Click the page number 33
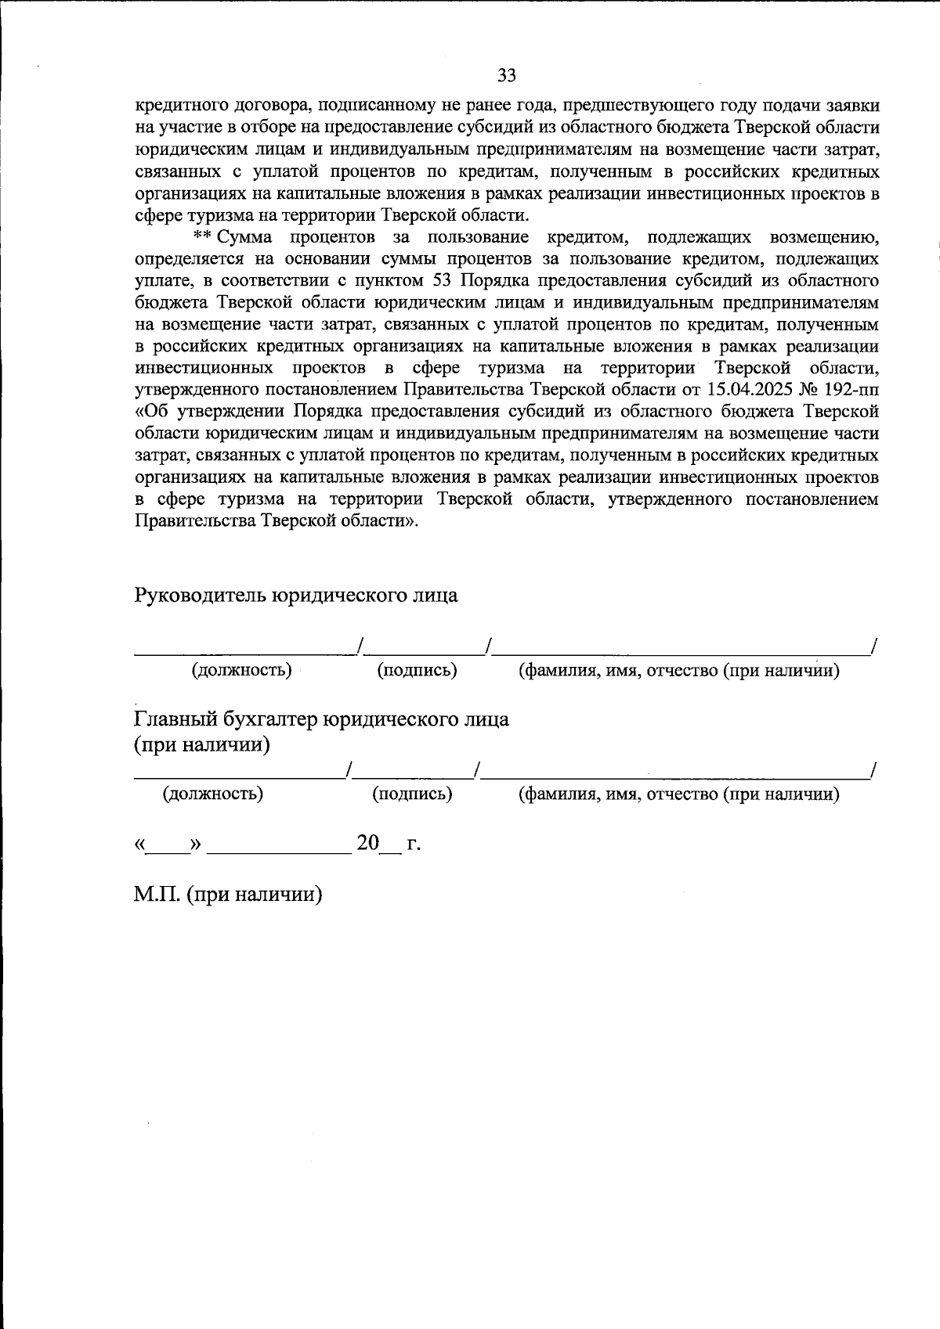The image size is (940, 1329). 507,75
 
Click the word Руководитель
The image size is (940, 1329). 201,596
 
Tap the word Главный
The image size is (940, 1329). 176,719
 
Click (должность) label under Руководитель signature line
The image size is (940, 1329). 242,670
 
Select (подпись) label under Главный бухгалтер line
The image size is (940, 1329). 412,794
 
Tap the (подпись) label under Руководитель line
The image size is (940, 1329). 418,670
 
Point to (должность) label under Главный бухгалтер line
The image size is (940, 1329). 213,794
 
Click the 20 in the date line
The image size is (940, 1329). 367,843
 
